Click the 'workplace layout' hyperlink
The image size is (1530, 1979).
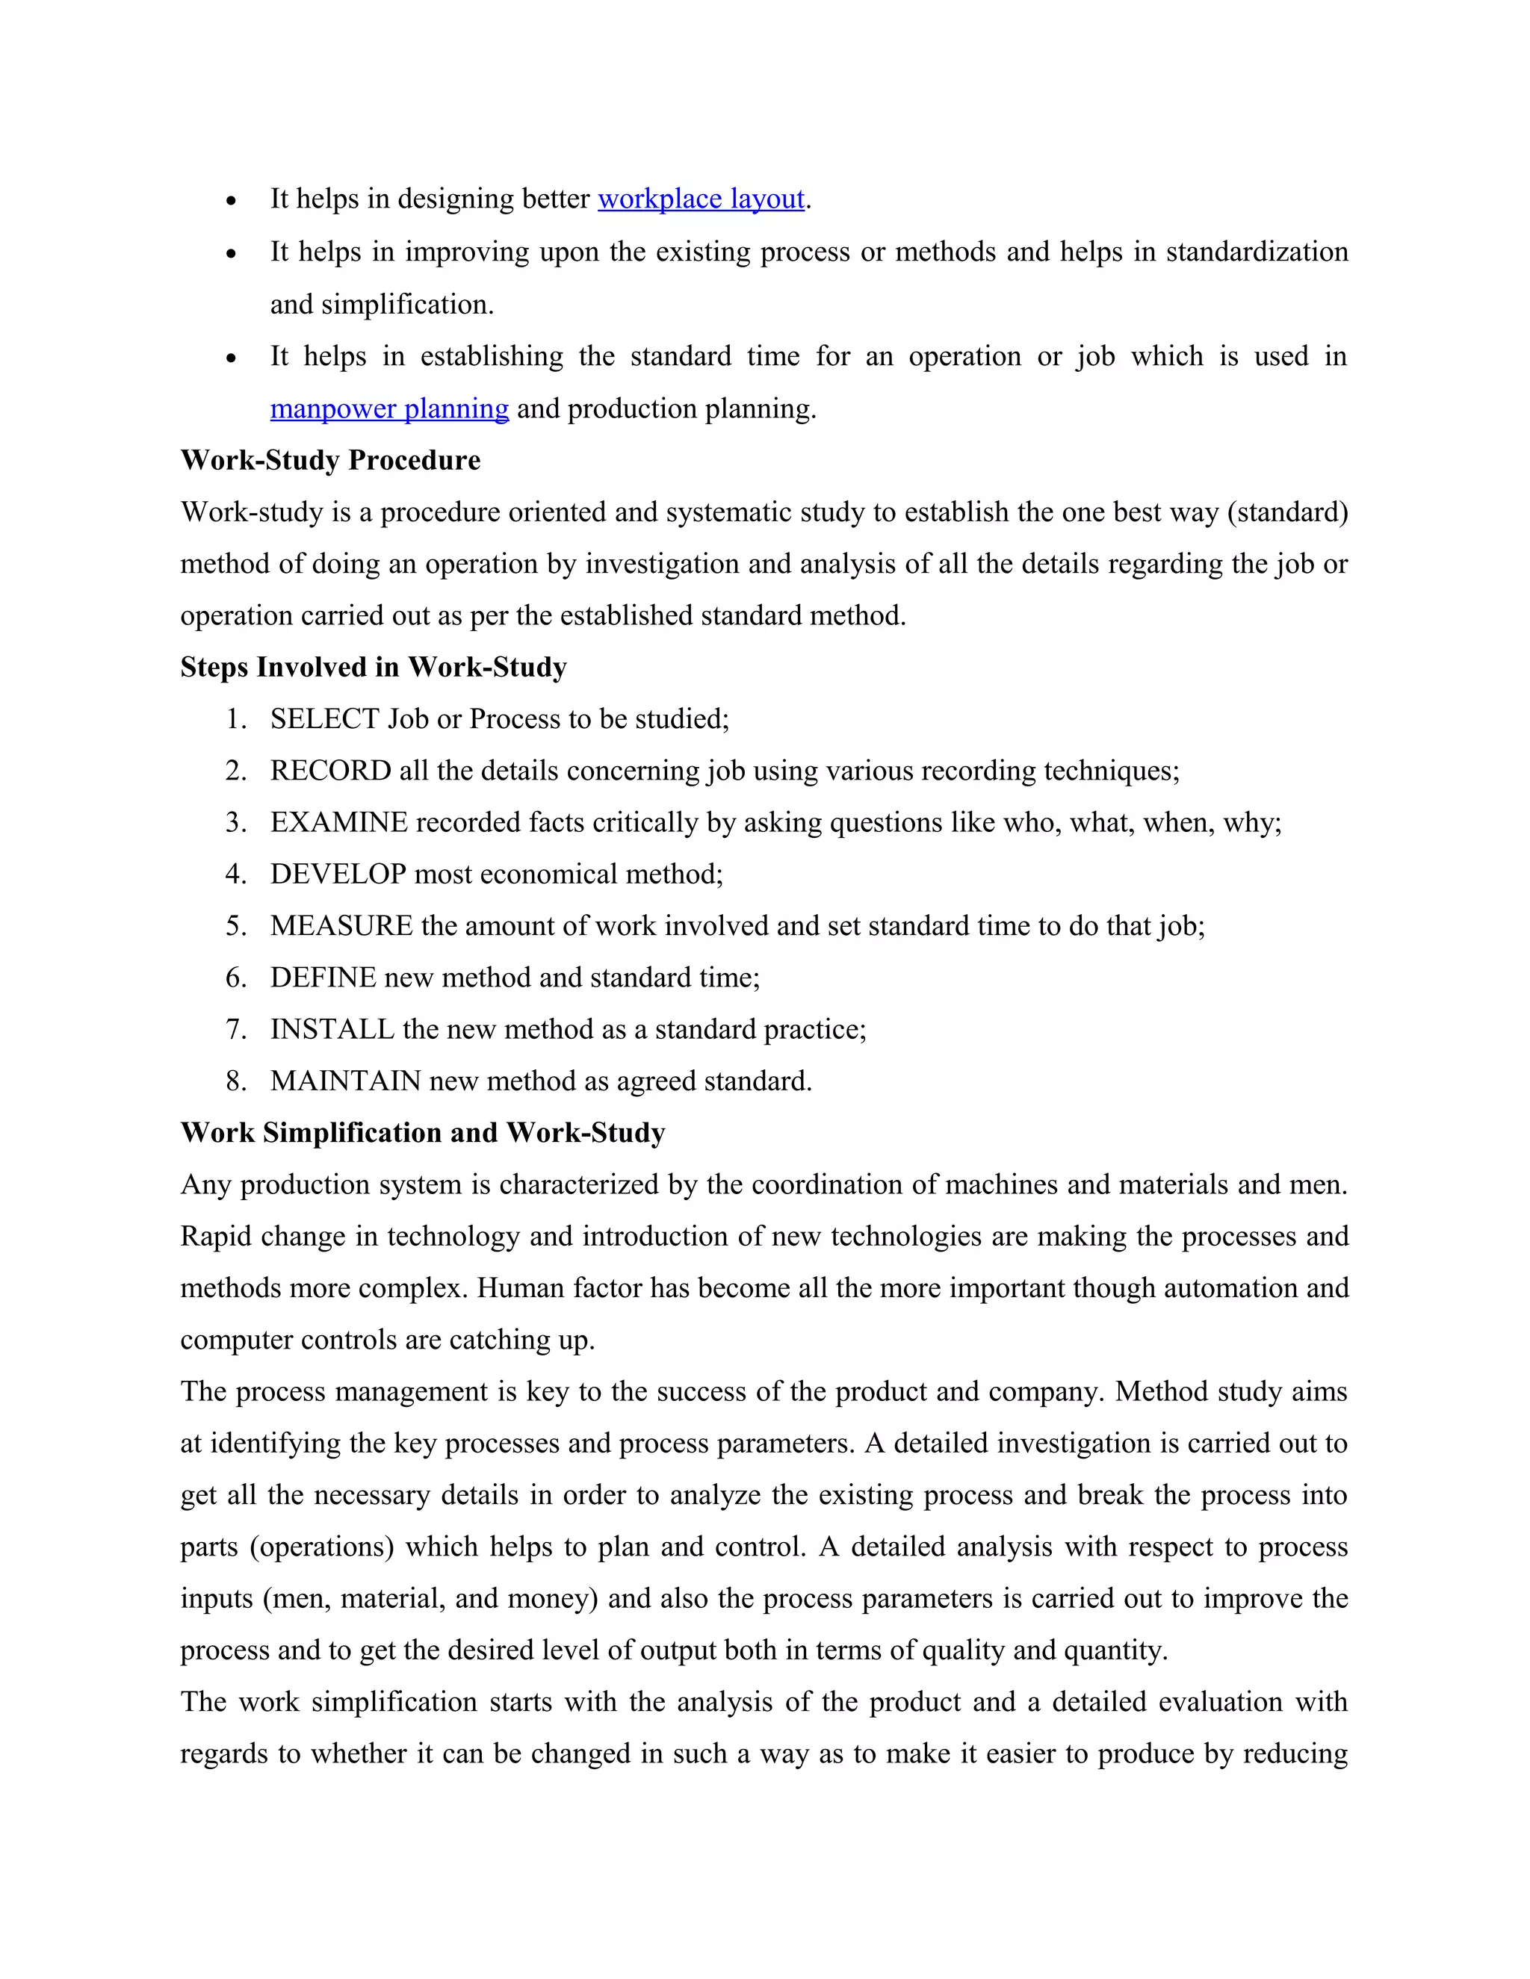tap(701, 199)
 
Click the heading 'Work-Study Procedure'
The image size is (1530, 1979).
tap(330, 460)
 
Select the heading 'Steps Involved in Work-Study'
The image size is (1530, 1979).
tap(374, 667)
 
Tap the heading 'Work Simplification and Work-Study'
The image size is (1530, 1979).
tap(422, 1133)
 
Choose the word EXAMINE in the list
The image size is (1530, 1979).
tap(338, 822)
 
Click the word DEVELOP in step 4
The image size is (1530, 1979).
tap(337, 874)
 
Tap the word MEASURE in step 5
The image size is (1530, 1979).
tap(341, 925)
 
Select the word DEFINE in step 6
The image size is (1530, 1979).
tap(323, 977)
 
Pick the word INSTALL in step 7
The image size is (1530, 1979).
tap(332, 1029)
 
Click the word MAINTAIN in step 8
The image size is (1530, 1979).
tap(345, 1081)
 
